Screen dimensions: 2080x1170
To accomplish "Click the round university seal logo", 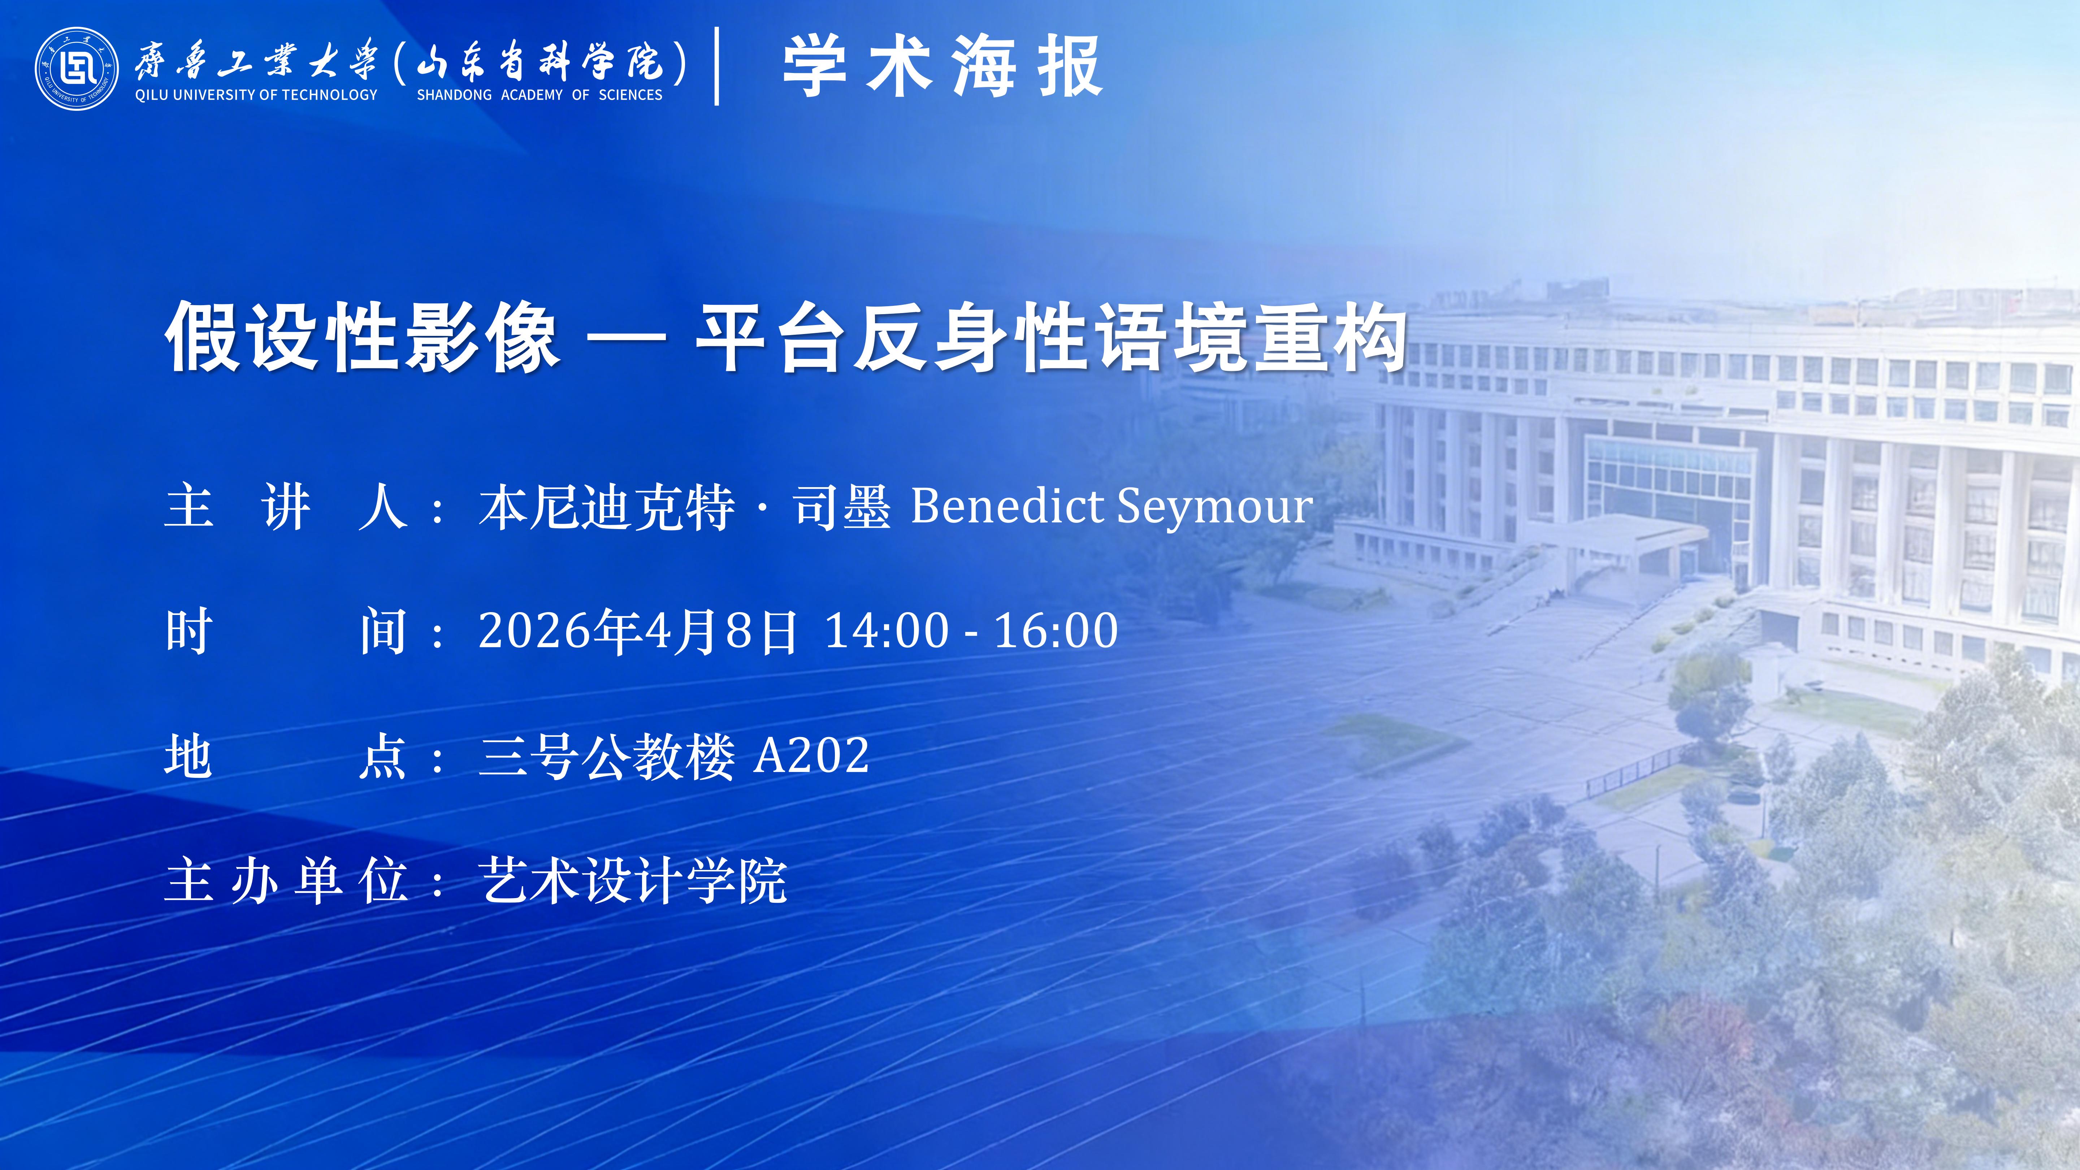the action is click(x=77, y=69).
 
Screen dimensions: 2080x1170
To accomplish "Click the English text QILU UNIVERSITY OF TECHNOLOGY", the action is click(x=256, y=95).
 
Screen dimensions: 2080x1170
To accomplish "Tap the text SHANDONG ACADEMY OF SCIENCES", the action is click(x=539, y=95).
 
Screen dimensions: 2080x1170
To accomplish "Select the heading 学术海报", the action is click(x=942, y=66).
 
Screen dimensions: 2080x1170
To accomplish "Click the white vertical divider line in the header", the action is click(x=717, y=66).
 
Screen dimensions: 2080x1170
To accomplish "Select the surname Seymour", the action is click(x=1215, y=510).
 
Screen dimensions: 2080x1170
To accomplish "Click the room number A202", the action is click(x=811, y=756).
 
